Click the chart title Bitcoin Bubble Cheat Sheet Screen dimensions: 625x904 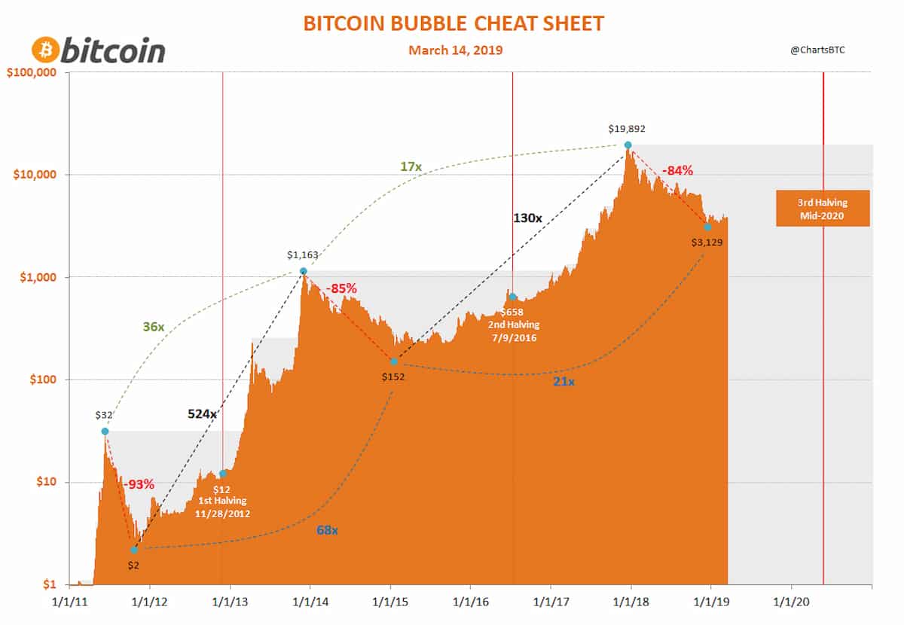[453, 23]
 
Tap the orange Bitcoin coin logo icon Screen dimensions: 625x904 [44, 50]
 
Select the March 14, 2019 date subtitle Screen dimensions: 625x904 [455, 50]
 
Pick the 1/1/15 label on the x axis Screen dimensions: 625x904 [390, 604]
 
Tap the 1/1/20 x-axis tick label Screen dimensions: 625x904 [791, 604]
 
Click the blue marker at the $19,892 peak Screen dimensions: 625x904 [628, 145]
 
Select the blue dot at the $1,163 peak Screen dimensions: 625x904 [303, 271]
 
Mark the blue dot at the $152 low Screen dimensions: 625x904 [393, 361]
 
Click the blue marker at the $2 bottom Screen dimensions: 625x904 [134, 550]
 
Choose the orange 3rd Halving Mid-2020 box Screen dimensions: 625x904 [823, 208]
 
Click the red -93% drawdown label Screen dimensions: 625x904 [139, 483]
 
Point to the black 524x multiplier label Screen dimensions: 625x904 [202, 413]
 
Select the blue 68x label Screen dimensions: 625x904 [327, 530]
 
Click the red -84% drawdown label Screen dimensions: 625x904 [678, 171]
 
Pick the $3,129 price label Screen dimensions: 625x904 [707, 242]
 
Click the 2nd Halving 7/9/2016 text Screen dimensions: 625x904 [512, 331]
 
